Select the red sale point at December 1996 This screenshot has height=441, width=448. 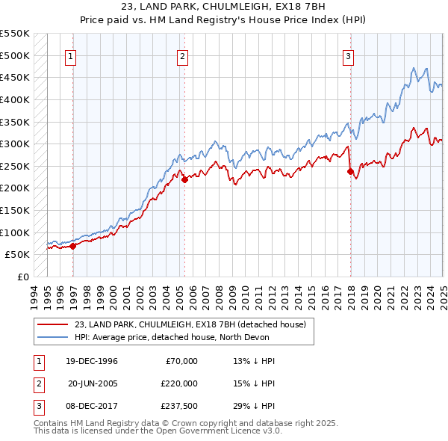(x=73, y=246)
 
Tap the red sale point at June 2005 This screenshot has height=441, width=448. (x=185, y=179)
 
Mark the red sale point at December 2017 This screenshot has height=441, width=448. (x=350, y=171)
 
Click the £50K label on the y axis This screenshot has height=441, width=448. (x=17, y=254)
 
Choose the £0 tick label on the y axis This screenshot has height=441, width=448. (x=24, y=277)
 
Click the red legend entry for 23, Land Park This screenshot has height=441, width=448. (x=190, y=325)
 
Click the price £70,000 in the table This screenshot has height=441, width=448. (x=181, y=361)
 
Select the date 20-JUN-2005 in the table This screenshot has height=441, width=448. (x=93, y=383)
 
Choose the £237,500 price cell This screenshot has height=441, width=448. (x=178, y=406)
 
